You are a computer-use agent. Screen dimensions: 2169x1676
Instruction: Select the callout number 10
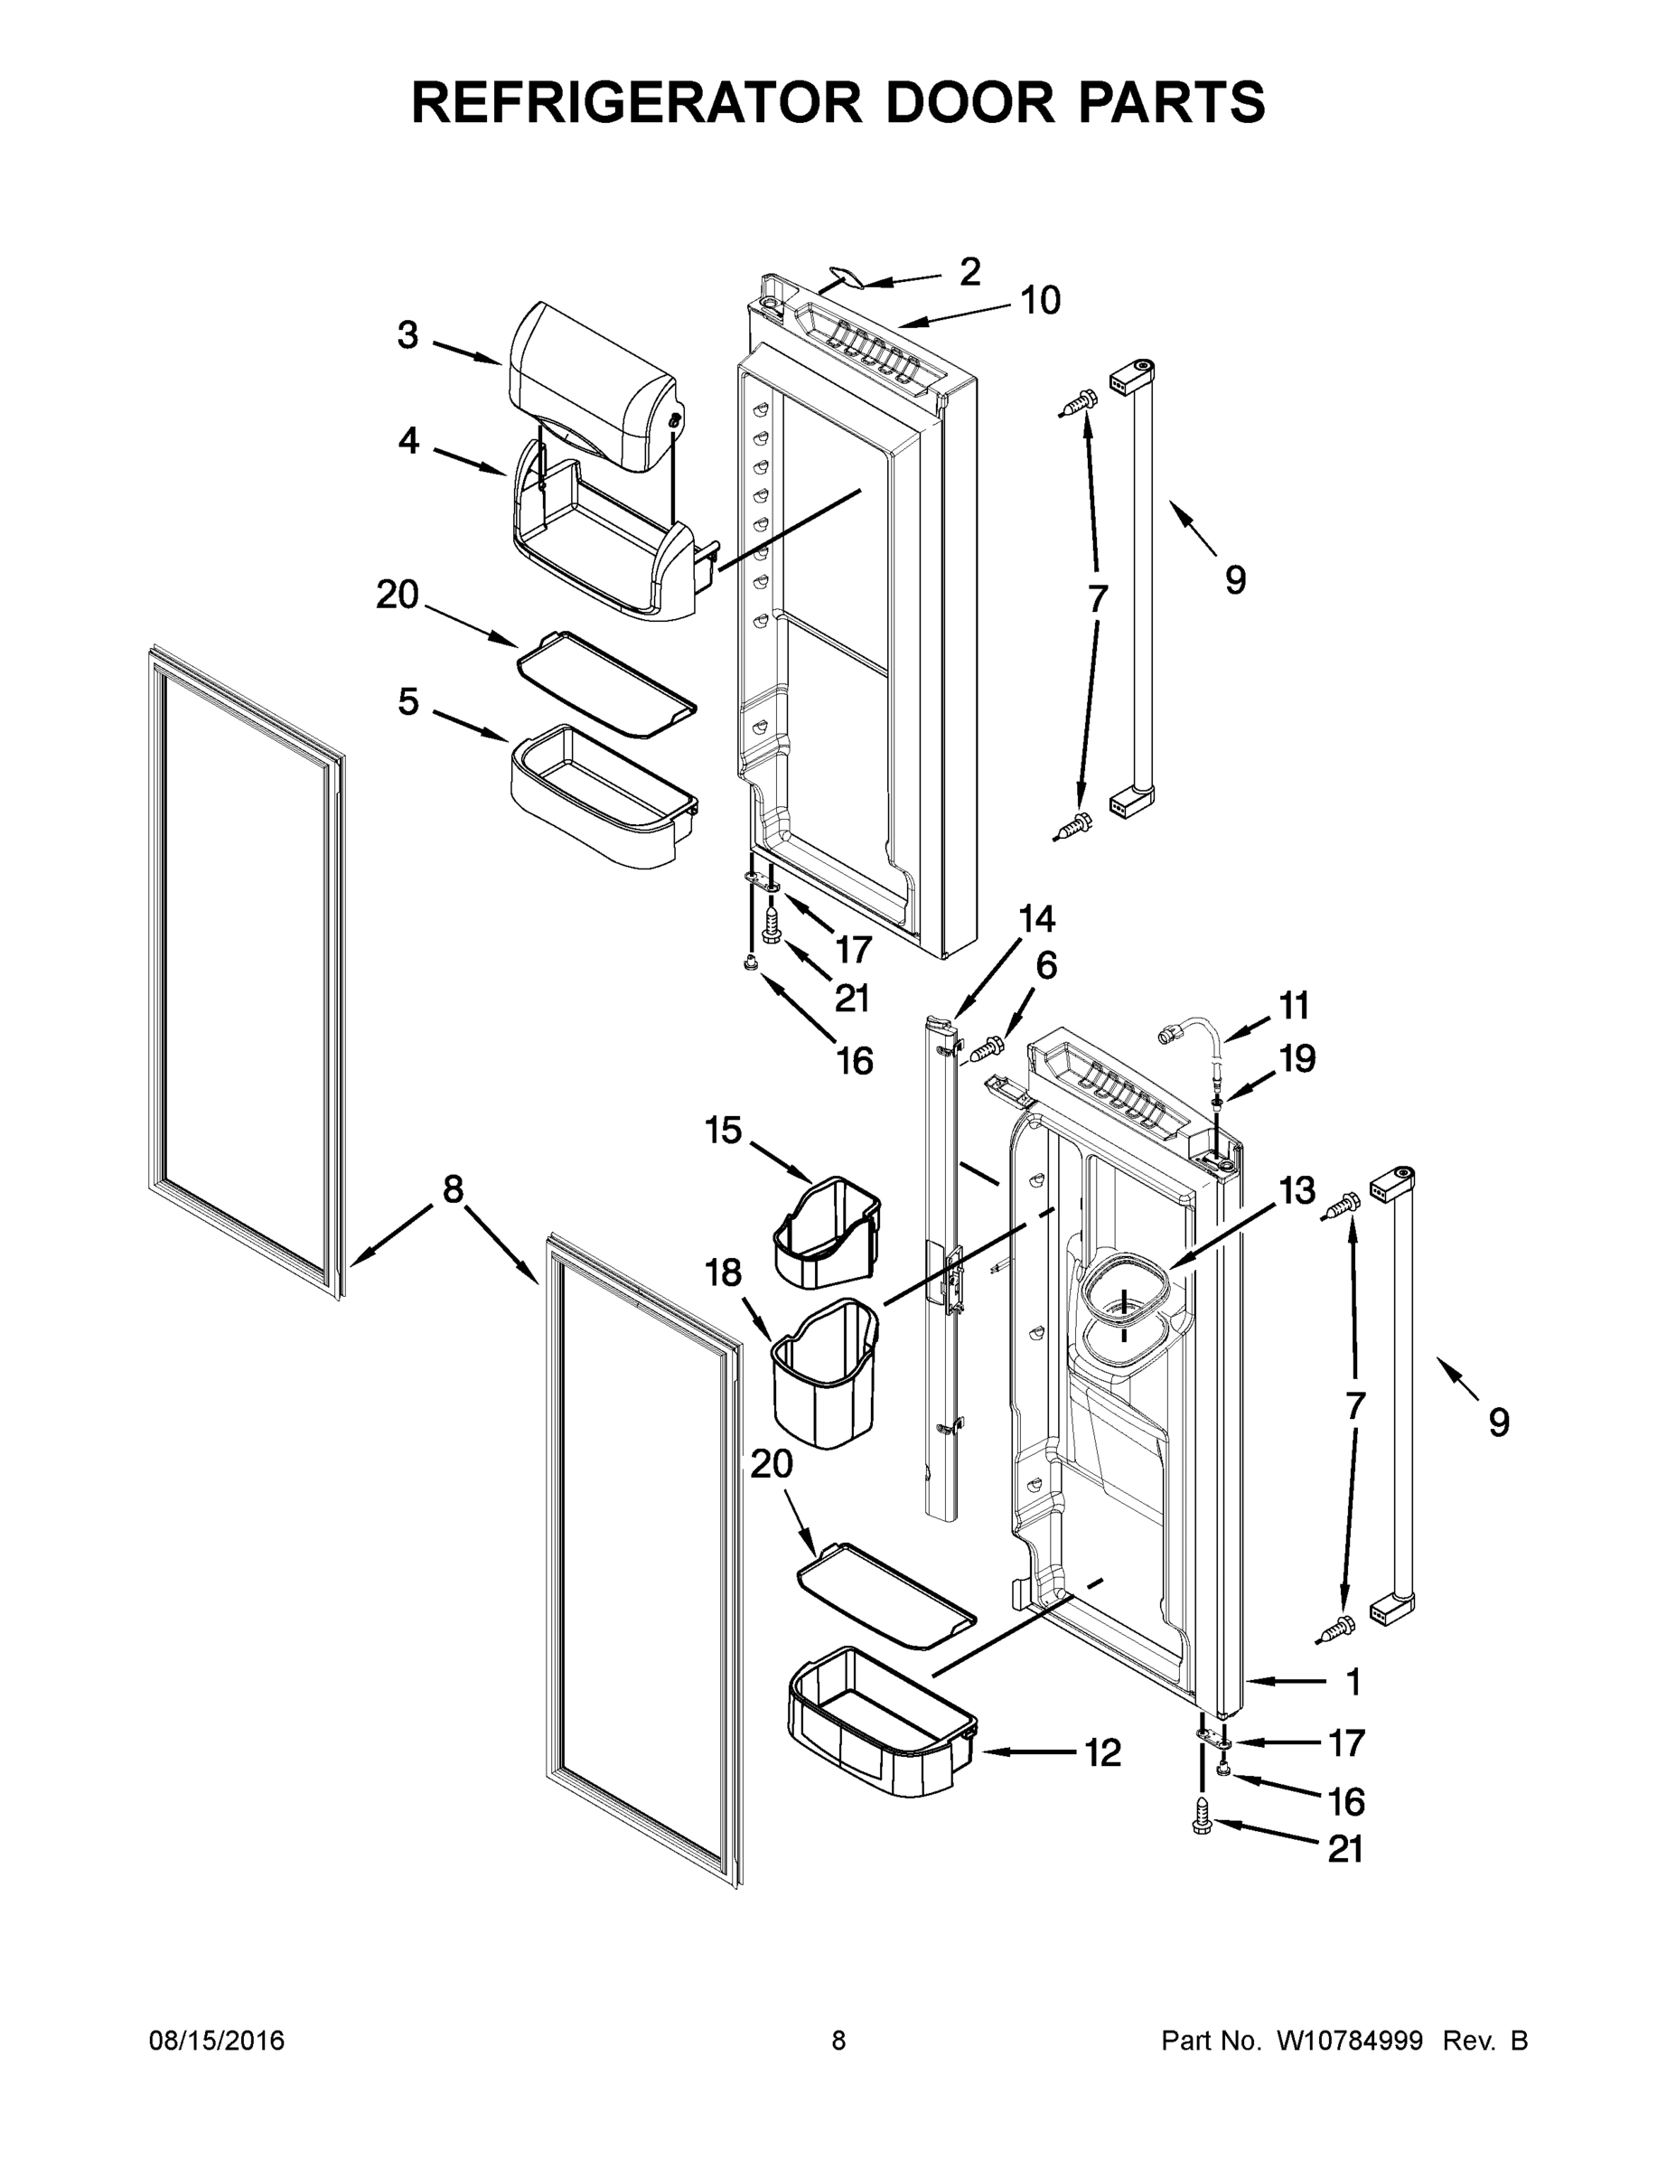click(1041, 300)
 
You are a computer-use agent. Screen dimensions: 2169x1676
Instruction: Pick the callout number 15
click(724, 1131)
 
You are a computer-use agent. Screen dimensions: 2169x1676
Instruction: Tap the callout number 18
click(724, 1272)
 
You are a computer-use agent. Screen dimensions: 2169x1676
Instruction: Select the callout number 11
click(1294, 1006)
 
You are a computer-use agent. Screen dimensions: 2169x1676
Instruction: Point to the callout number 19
click(1297, 1058)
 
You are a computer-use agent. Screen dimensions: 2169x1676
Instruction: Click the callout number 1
click(1353, 1683)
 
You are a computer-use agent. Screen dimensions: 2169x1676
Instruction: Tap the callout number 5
click(408, 702)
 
